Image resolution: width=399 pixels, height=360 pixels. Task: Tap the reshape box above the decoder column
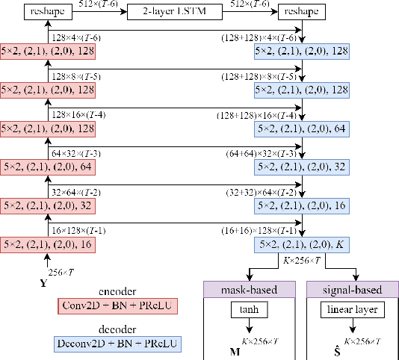pos(301,12)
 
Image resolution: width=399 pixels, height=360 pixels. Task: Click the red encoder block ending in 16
pos(48,243)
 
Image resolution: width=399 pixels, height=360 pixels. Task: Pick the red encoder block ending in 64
pos(48,166)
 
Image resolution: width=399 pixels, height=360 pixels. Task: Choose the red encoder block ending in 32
pos(48,205)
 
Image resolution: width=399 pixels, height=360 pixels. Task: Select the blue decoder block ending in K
pos(301,243)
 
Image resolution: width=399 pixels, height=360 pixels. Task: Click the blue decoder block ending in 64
pos(301,128)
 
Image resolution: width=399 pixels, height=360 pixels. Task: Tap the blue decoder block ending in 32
pos(301,166)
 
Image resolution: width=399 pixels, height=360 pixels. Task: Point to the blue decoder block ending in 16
pos(301,205)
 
